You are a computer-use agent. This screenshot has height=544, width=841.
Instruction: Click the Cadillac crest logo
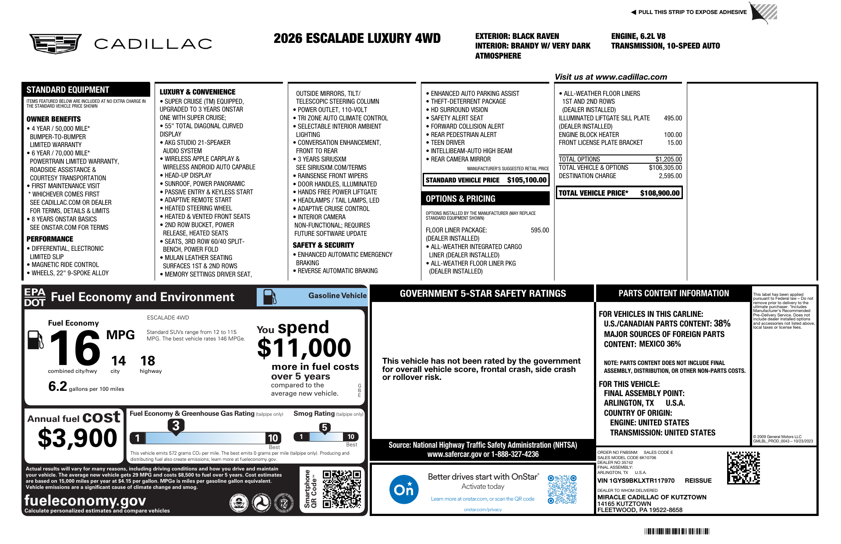tap(56, 43)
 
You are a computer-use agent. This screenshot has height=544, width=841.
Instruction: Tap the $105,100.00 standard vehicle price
tap(527, 180)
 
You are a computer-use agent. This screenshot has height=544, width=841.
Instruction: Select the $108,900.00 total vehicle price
tap(660, 193)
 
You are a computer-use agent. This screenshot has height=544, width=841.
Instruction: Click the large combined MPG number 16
tap(75, 348)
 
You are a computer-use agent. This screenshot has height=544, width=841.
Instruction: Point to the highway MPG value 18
tap(148, 361)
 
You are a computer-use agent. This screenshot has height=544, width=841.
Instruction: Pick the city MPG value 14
tap(118, 361)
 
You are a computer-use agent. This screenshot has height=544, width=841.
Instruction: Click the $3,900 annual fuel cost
tap(78, 438)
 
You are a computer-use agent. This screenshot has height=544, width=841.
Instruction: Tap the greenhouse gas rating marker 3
tap(176, 425)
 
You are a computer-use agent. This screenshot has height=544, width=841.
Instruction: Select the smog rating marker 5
tap(324, 428)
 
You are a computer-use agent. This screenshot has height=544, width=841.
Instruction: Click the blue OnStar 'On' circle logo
tap(403, 489)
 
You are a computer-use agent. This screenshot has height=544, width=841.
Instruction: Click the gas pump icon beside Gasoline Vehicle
tap(269, 297)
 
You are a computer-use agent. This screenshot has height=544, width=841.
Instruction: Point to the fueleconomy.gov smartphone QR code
tap(342, 489)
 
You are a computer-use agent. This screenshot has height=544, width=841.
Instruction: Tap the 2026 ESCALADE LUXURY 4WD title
tap(357, 39)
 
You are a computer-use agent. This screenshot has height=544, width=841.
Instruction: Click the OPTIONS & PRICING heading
tap(460, 199)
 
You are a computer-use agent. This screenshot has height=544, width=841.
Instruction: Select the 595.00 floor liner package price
tap(540, 230)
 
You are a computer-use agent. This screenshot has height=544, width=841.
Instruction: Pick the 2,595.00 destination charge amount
tap(670, 176)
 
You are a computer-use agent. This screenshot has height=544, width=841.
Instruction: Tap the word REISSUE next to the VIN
tap(698, 481)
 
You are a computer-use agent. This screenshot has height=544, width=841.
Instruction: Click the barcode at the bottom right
tap(677, 531)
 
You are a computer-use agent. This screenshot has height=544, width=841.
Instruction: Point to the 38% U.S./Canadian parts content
tap(722, 323)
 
